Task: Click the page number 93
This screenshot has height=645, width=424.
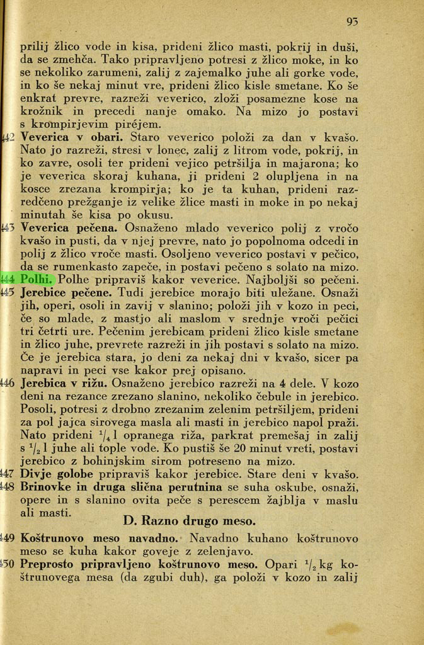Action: [352, 22]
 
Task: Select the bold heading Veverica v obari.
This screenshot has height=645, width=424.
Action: [72, 137]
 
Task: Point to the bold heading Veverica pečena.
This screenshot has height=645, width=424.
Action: [69, 227]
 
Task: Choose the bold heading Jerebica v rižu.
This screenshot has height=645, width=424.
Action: [64, 383]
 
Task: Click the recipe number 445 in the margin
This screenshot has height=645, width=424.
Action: [9, 293]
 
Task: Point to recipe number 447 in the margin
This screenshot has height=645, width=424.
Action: [9, 474]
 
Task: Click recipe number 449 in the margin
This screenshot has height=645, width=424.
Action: [9, 539]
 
